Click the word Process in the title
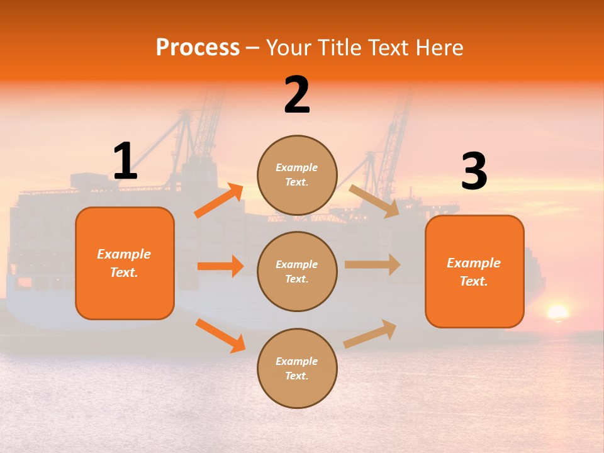pos(198,48)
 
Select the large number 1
pos(125,162)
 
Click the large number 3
pos(474,172)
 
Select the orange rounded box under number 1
pos(125,263)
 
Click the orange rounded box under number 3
pos(474,272)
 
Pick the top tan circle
pos(297,175)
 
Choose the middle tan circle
pos(297,272)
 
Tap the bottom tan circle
pos(297,369)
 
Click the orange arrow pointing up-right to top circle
pos(219,201)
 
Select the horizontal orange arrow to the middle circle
pos(220,266)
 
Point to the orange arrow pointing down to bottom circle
pos(220,335)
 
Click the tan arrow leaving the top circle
pos(374,201)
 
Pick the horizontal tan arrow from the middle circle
pos(372,265)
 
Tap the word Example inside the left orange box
pos(124,254)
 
